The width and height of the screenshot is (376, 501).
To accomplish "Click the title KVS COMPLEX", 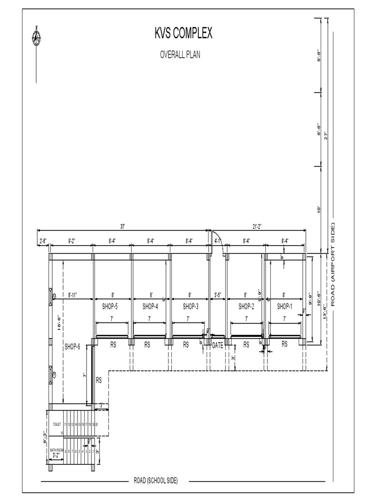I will [184, 34].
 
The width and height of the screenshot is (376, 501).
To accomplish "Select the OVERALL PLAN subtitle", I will [180, 55].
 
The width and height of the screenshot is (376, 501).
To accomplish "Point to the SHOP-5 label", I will [110, 307].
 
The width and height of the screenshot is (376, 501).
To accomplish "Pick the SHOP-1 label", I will [284, 307].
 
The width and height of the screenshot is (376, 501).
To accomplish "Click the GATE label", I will [218, 345].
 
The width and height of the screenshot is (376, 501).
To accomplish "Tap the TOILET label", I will [56, 424].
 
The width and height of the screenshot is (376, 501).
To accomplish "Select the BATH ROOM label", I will [57, 450].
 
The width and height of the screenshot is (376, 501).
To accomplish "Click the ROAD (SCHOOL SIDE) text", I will [156, 481].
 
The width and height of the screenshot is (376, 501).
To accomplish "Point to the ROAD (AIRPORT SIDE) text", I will [333, 264].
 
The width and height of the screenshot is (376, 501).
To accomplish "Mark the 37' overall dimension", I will [122, 227].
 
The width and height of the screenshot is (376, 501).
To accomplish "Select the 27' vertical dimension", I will [326, 135].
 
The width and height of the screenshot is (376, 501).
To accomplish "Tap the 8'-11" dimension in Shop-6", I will [73, 295].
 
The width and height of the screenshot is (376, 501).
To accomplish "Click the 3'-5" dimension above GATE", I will [218, 295].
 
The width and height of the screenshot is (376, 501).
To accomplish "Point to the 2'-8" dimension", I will [43, 241].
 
